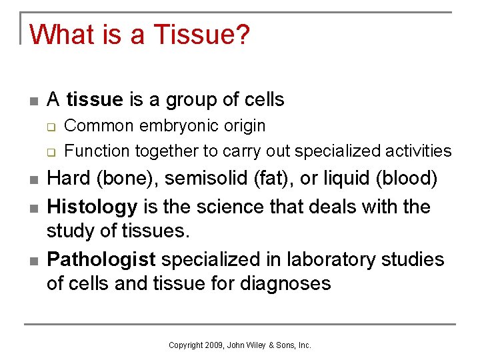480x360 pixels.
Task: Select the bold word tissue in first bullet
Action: click(95, 100)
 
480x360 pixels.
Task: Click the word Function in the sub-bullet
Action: click(96, 151)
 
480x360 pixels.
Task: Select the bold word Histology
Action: click(92, 207)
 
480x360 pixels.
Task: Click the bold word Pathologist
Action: click(101, 259)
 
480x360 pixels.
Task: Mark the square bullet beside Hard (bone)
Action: click(33, 180)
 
